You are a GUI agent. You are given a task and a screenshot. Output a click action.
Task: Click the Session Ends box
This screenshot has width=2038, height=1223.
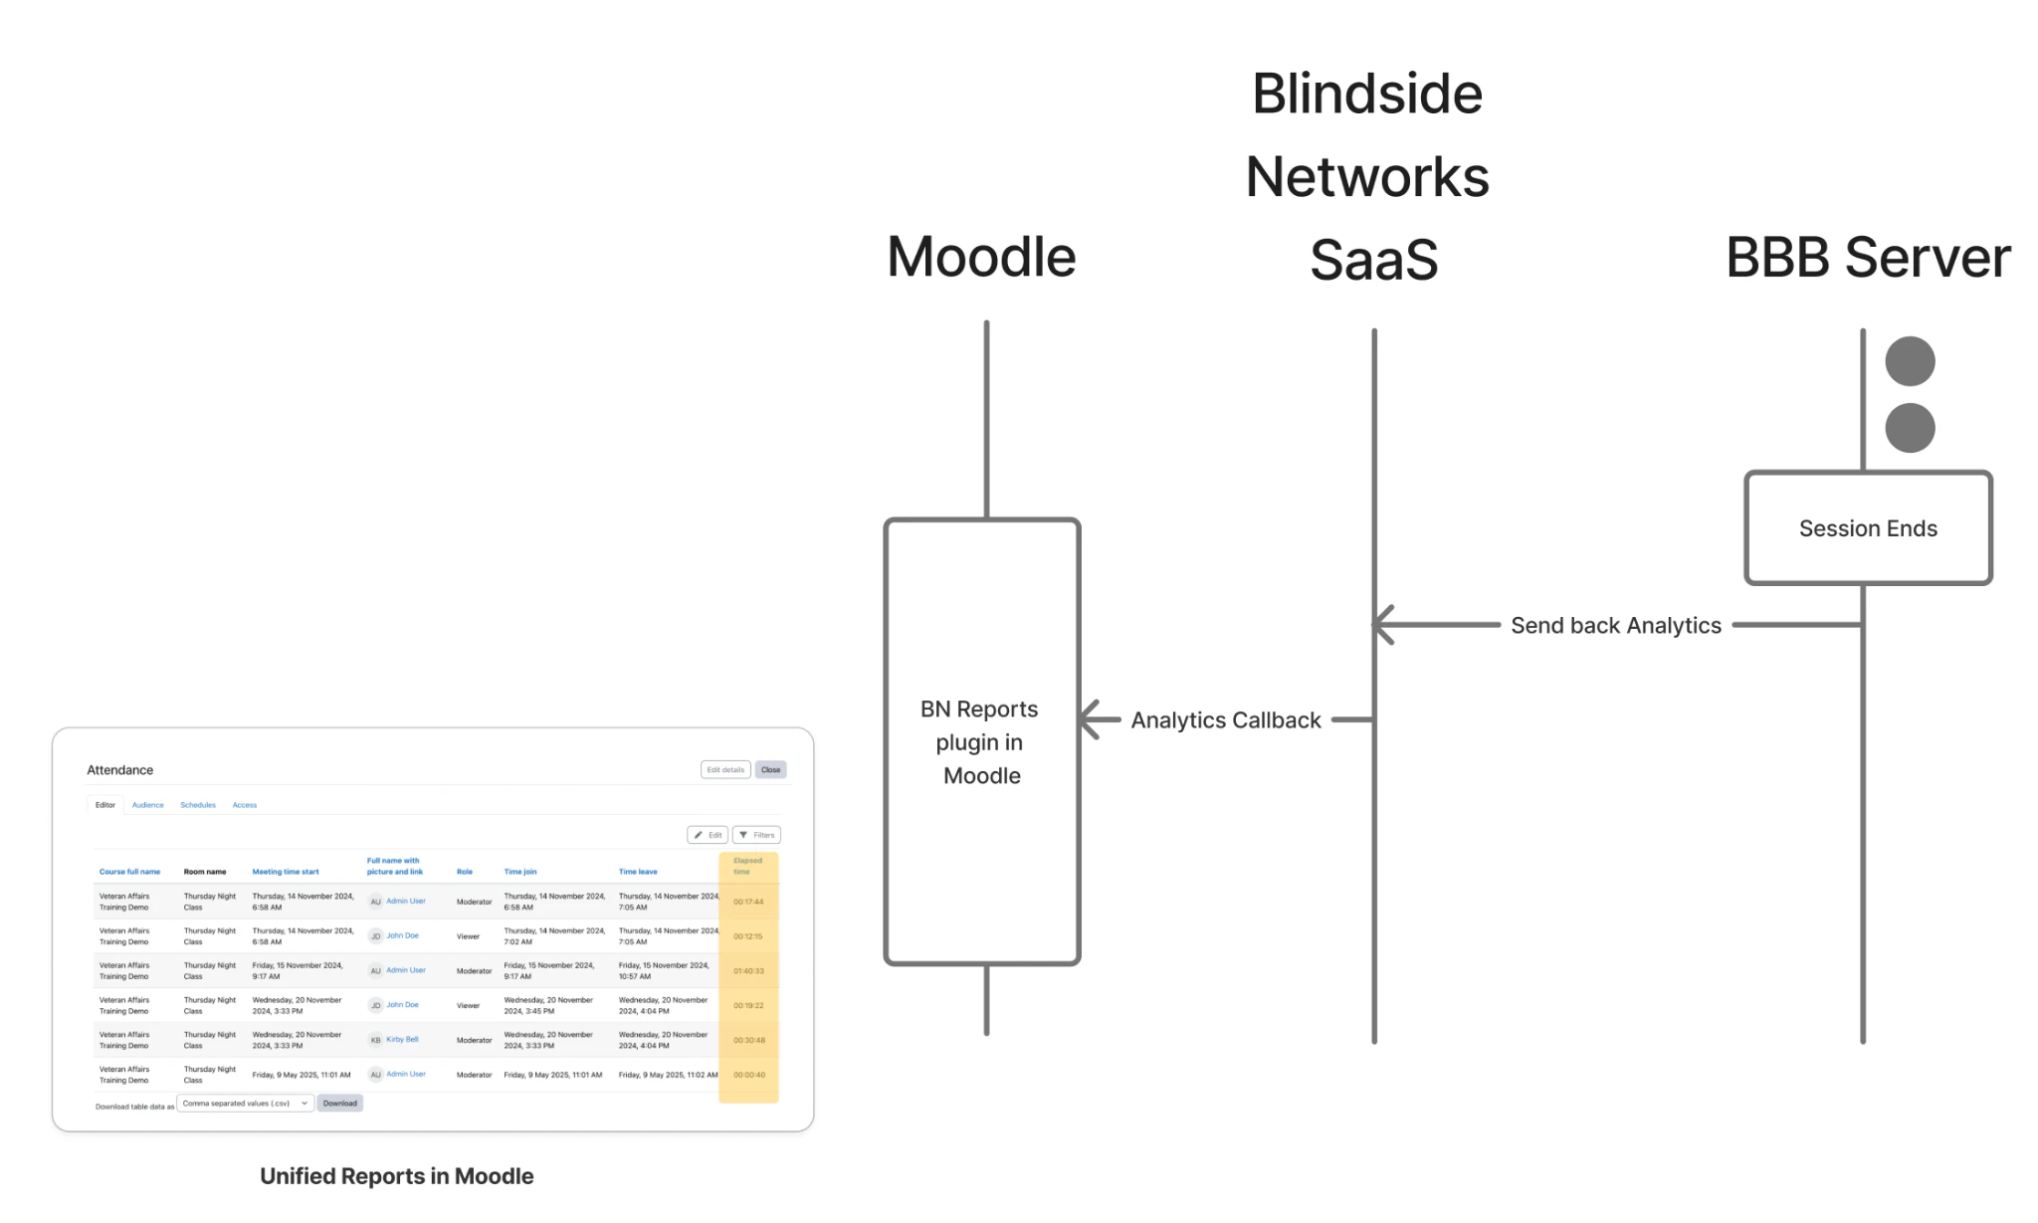coord(1867,527)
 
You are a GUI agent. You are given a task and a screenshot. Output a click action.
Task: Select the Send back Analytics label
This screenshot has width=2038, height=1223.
coord(1615,625)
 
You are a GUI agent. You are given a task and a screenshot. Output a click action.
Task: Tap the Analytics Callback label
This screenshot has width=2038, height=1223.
coord(1225,719)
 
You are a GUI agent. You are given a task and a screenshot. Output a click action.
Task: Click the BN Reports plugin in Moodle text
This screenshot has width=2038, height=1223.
coord(980,741)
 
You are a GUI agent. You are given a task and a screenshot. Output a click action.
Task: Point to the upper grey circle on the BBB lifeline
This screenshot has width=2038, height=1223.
coord(1909,360)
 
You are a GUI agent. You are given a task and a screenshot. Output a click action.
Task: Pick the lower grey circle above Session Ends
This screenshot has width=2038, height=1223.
coord(1909,428)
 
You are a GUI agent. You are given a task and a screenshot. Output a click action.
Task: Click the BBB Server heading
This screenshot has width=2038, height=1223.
coord(1867,257)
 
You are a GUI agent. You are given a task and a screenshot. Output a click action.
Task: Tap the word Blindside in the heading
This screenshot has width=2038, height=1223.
coord(1366,94)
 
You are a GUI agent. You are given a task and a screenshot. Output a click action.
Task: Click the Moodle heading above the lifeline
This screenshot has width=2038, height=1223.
coord(981,257)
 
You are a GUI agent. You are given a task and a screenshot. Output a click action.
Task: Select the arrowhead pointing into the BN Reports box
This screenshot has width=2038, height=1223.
coord(1091,718)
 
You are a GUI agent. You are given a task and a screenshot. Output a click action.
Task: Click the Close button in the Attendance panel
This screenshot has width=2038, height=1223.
coord(770,769)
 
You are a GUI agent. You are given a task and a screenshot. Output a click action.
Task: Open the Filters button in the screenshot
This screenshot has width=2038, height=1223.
coord(756,835)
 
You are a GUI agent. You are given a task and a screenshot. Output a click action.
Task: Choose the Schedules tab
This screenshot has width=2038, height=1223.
coord(197,805)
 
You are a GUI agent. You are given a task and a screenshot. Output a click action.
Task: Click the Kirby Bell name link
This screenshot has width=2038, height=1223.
coord(402,1039)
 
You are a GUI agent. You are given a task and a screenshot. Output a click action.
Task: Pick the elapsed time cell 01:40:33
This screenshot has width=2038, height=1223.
coord(748,970)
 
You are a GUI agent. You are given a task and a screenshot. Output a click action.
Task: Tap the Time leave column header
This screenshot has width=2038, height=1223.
coord(638,872)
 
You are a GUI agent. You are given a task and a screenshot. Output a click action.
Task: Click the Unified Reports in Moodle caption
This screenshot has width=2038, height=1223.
coord(396,1176)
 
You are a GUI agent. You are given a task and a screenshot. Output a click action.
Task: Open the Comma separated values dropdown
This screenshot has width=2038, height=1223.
coord(244,1103)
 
